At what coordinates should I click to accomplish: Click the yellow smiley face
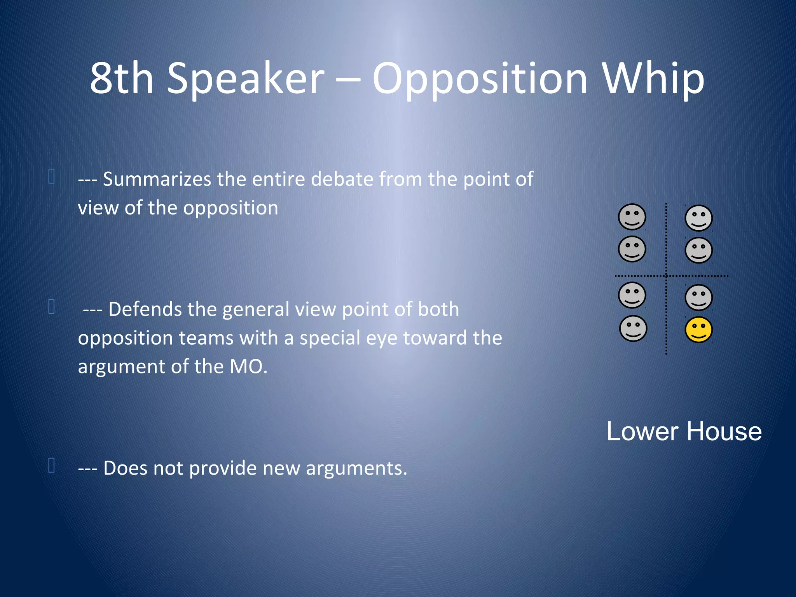(698, 330)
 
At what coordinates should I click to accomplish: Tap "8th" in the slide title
(122, 79)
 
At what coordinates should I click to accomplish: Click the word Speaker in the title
(245, 79)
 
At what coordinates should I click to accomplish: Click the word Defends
(145, 309)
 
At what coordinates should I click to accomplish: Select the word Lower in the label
(642, 431)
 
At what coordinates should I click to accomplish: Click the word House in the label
(724, 431)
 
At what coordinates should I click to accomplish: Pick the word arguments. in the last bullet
(356, 468)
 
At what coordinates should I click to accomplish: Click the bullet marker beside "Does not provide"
(51, 465)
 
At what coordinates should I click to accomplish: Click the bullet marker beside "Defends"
(51, 306)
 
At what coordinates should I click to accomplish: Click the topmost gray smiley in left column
(632, 217)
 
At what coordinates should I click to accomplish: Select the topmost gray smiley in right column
(698, 218)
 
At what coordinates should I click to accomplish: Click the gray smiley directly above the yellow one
(698, 298)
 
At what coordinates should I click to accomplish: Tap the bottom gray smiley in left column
(633, 328)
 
